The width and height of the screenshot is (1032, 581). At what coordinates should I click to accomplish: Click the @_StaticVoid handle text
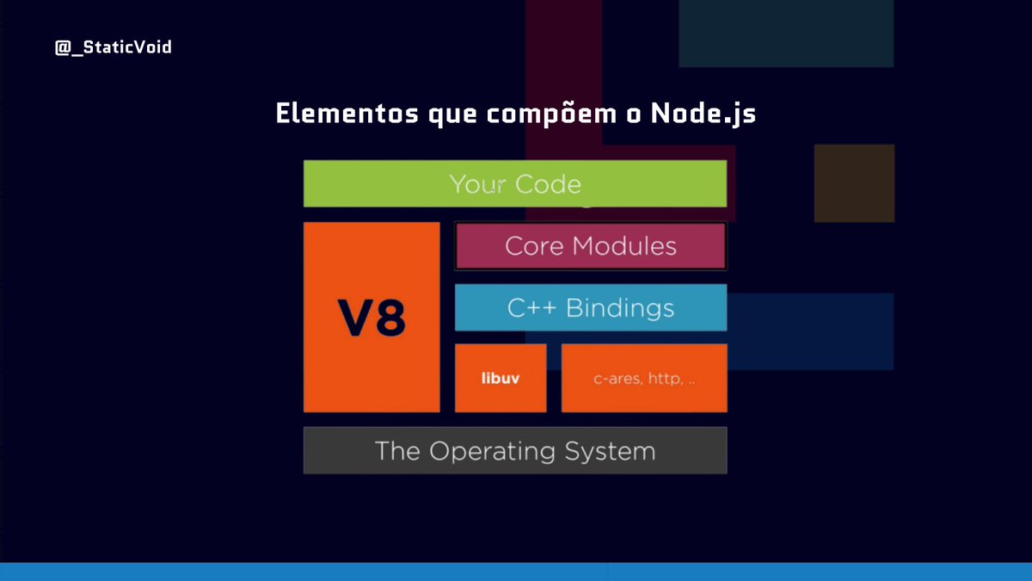114,47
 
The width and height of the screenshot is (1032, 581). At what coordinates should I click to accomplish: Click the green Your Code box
514,183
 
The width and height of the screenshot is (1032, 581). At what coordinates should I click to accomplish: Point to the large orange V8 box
371,317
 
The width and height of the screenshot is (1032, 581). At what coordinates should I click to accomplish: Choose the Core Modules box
590,246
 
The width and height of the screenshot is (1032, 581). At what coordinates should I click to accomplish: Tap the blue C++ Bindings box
590,307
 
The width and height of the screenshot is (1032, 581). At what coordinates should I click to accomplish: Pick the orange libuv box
500,378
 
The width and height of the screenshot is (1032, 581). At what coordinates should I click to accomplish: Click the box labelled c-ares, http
643,378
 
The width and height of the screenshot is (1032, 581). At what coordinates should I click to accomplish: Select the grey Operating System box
514,450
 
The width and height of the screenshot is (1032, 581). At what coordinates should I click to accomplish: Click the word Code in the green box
548,184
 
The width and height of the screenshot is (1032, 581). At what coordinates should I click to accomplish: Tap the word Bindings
620,308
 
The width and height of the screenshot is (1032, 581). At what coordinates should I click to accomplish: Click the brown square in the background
854,182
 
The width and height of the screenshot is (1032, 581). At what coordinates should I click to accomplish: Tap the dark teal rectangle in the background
786,33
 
